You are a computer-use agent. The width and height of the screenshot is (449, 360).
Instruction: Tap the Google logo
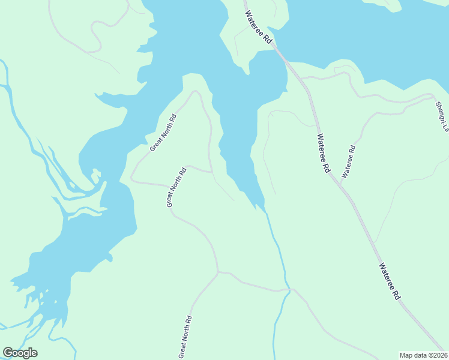20,353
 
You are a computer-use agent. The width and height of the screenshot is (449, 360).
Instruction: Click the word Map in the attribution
408,355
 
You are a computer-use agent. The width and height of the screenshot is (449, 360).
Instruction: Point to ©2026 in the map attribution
437,355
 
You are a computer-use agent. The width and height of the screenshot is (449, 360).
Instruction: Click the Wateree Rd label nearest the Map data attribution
390,281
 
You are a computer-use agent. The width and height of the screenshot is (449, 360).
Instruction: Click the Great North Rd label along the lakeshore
163,132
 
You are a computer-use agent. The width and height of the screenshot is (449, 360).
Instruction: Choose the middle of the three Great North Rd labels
176,187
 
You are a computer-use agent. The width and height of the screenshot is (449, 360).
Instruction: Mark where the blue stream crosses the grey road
289,290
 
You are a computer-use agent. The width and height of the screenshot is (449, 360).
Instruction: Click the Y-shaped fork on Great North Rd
217,272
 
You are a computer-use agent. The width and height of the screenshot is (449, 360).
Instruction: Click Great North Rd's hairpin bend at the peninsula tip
195,92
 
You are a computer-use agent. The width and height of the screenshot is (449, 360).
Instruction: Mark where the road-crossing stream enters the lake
263,208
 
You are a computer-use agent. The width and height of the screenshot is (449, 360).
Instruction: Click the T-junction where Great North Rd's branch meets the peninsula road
211,172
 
